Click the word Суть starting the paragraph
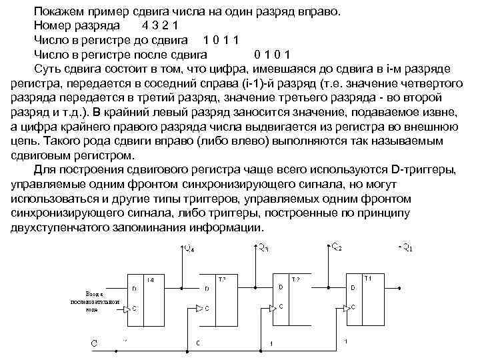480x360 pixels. pos(48,69)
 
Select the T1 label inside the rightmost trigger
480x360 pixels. pos(367,278)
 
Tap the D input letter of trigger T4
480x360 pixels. pos(135,289)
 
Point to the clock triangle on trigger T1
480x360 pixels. pos(345,307)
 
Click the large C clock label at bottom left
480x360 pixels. pos(95,343)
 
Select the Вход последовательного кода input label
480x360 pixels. pos(95,301)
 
